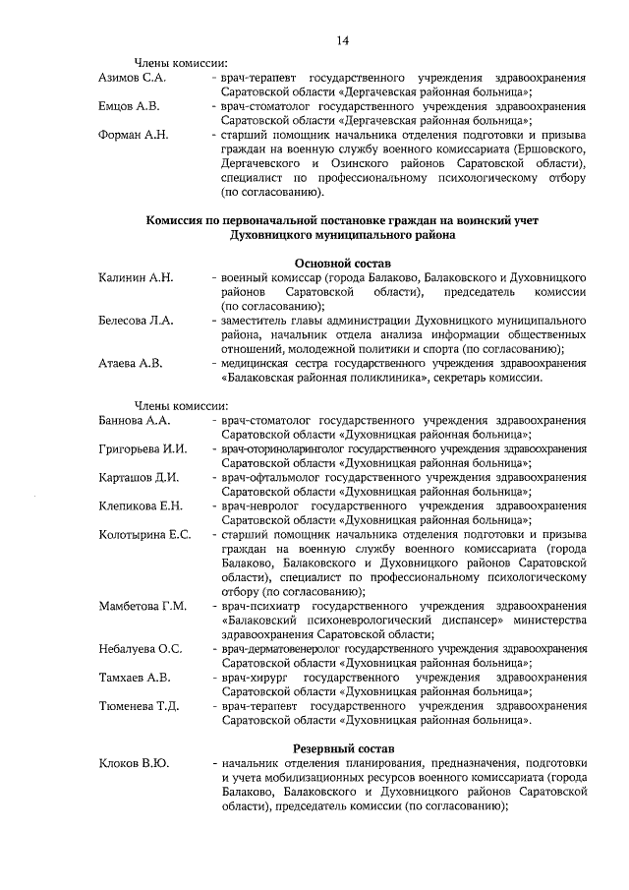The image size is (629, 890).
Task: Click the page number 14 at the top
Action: [x=343, y=40]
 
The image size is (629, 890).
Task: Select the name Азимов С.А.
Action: [x=133, y=77]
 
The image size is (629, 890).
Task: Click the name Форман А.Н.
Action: [x=134, y=134]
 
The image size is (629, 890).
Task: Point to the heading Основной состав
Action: [x=343, y=264]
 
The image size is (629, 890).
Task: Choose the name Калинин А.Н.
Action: [x=137, y=278]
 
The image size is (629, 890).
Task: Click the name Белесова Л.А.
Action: [x=137, y=321]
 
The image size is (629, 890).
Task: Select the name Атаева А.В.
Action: [x=131, y=363]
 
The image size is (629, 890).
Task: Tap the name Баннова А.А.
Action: [x=135, y=421]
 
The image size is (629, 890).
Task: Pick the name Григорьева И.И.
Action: [x=143, y=449]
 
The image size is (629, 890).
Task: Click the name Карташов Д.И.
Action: [x=139, y=478]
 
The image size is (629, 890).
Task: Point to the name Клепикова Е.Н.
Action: [x=141, y=506]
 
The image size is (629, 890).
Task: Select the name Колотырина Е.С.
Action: [x=144, y=535]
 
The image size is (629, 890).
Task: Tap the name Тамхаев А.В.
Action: [x=135, y=678]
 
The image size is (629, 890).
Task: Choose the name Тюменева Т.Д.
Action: [x=139, y=706]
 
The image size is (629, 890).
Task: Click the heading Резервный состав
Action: [x=343, y=750]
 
